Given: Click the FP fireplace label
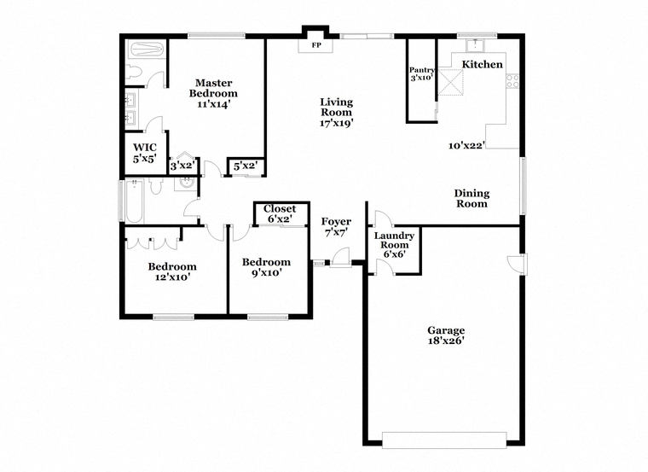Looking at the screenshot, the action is [316, 45].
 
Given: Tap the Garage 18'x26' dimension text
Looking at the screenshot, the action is [446, 341].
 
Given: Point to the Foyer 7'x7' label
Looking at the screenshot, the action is [336, 227].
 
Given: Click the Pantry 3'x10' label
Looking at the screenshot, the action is [421, 73].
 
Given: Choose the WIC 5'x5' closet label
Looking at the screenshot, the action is [145, 153].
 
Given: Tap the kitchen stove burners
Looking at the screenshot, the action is [513, 81].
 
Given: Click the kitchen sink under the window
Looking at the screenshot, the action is [476, 45].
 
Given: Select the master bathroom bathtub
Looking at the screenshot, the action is [148, 50].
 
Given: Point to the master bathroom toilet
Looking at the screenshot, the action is [134, 73].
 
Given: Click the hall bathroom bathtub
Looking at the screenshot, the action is [134, 201].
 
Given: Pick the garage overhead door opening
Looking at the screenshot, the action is [444, 440].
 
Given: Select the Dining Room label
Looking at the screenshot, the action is [472, 198].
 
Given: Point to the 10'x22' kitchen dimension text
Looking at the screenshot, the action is [466, 145].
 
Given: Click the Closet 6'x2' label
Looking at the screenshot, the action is [280, 214].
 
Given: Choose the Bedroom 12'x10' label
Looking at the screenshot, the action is [172, 271].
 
